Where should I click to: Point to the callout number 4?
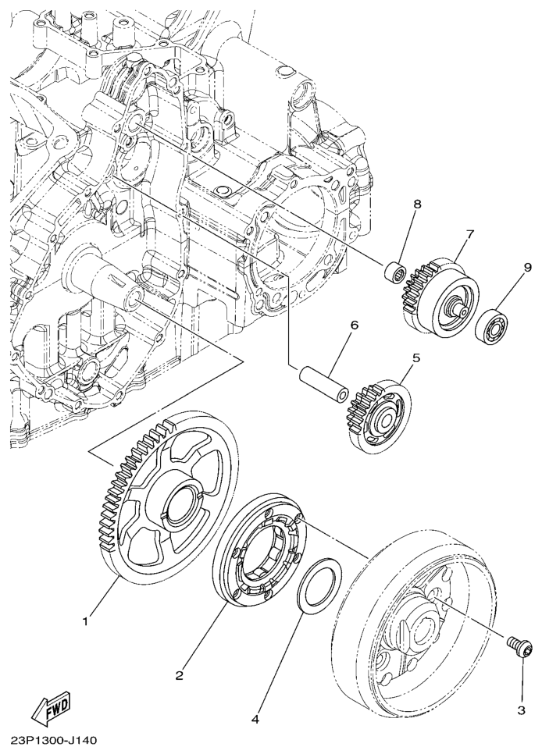(x=255, y=720)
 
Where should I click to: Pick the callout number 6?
(x=355, y=325)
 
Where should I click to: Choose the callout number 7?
(x=469, y=233)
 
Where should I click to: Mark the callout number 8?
(x=417, y=204)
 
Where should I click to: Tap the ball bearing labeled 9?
(x=493, y=325)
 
